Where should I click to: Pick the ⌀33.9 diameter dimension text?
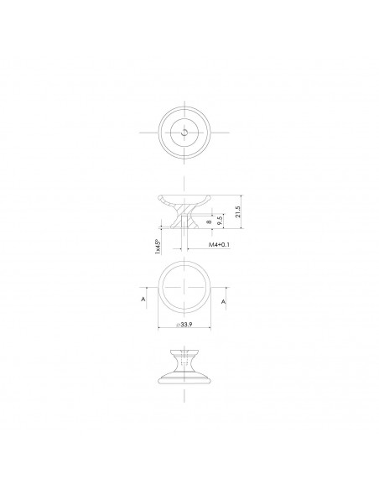pos(187,326)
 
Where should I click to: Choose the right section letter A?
pos(224,299)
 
